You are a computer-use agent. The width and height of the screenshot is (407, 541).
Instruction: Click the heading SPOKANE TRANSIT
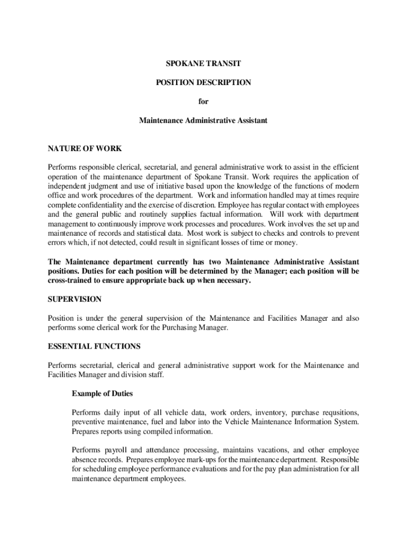[x=203, y=63]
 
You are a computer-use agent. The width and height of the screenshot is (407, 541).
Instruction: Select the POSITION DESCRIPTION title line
[x=203, y=82]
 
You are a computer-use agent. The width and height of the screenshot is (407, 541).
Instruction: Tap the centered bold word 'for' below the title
[x=203, y=101]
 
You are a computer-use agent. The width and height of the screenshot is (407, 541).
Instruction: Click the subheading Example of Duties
[x=102, y=394]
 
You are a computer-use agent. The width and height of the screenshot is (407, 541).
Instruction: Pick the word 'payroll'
[x=115, y=450]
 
